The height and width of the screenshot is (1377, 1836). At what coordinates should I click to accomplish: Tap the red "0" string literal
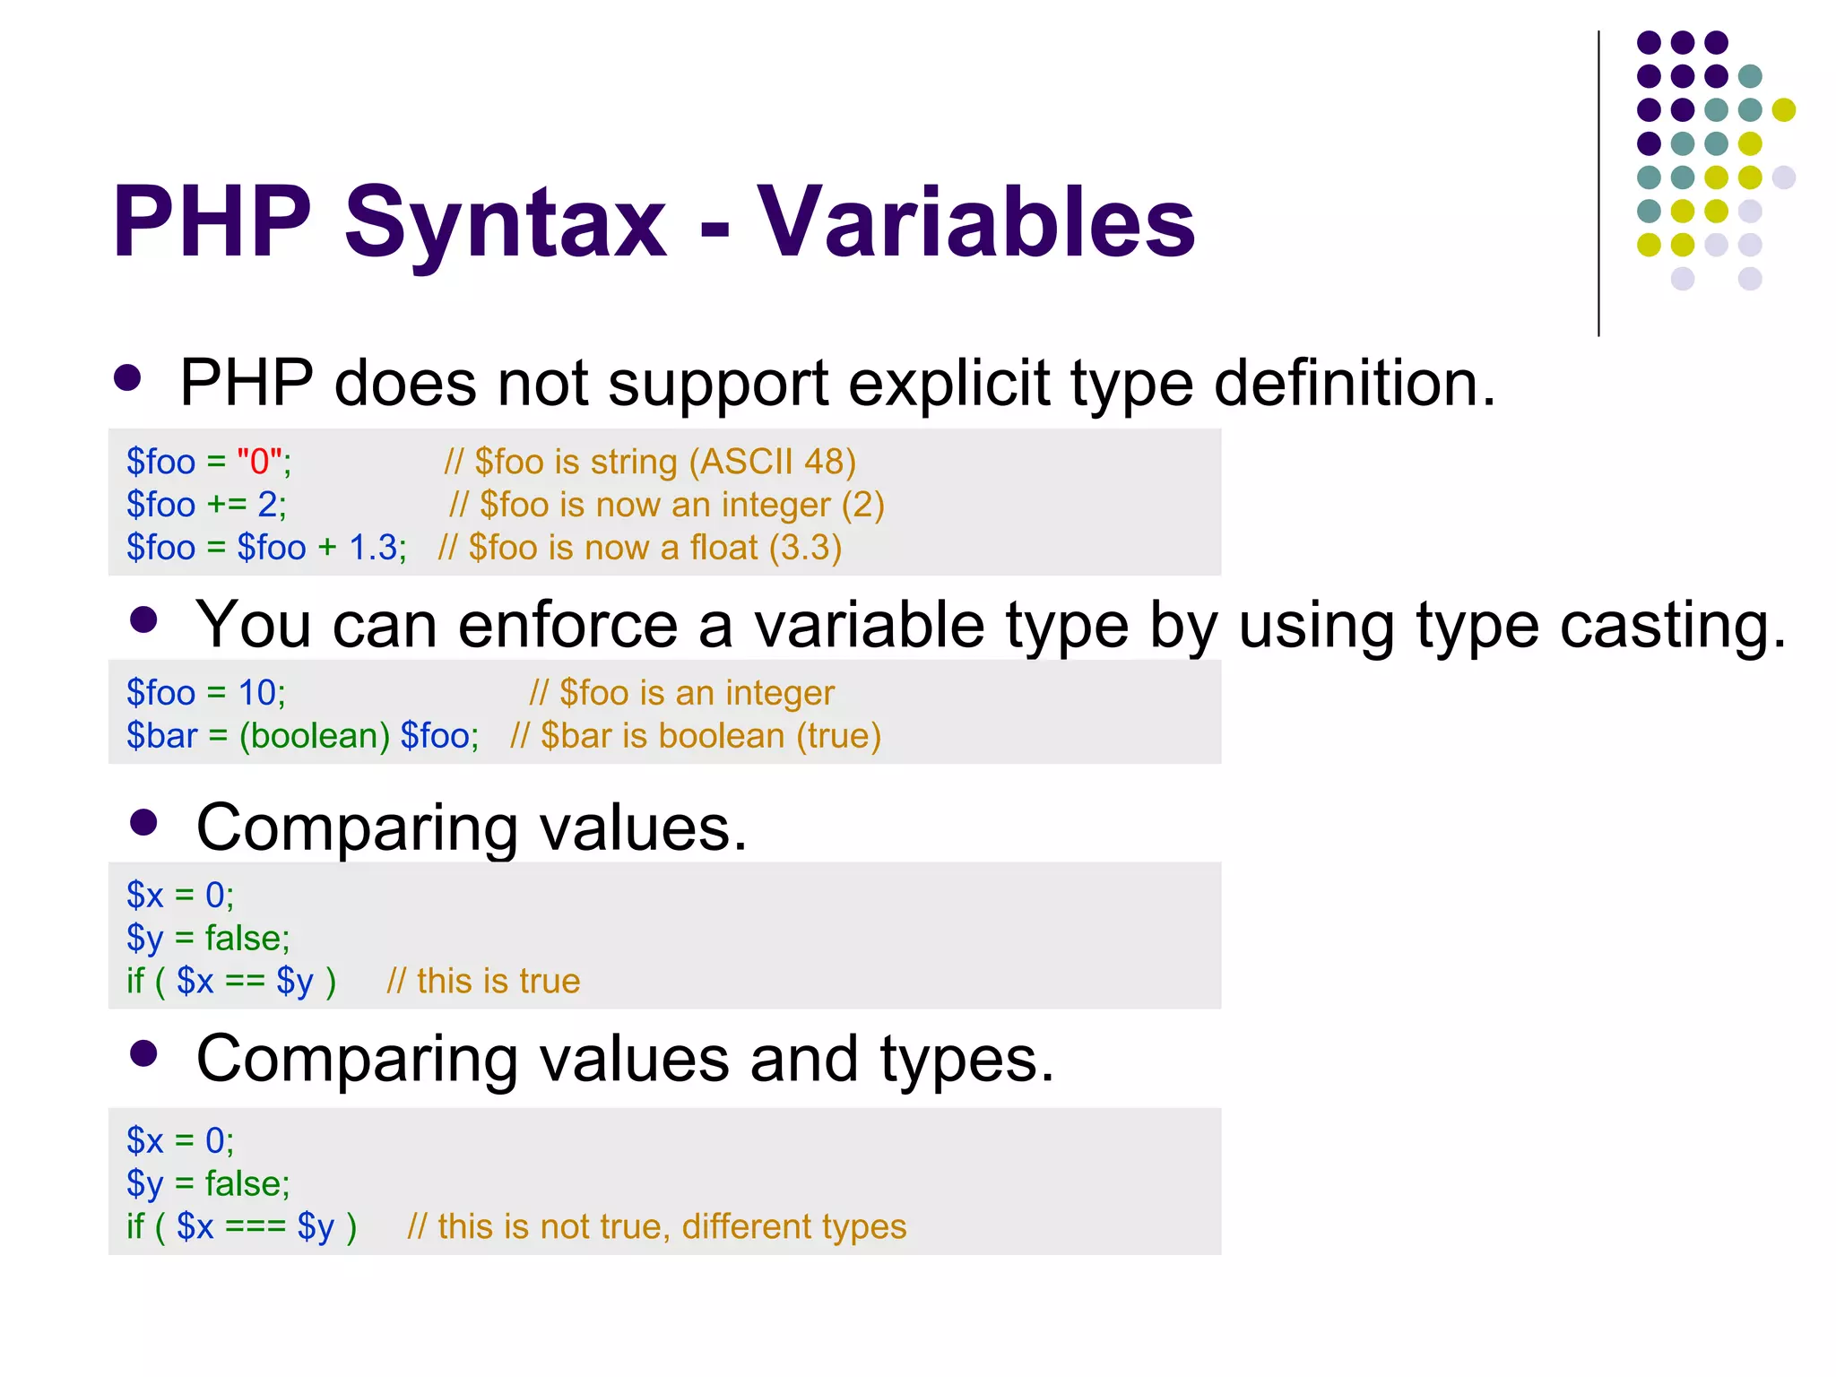259,462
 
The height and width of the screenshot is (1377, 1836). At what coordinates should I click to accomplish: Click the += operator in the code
226,505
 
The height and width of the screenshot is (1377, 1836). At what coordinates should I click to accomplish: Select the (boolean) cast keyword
314,736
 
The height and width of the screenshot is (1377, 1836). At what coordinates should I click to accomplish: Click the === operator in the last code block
255,1226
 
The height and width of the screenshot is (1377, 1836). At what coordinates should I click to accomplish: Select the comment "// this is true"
483,982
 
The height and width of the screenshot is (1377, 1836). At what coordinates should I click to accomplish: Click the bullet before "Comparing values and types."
143,1053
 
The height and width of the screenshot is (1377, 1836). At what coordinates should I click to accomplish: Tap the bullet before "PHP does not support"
127,377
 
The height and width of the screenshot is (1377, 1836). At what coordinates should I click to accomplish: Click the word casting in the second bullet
1673,625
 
